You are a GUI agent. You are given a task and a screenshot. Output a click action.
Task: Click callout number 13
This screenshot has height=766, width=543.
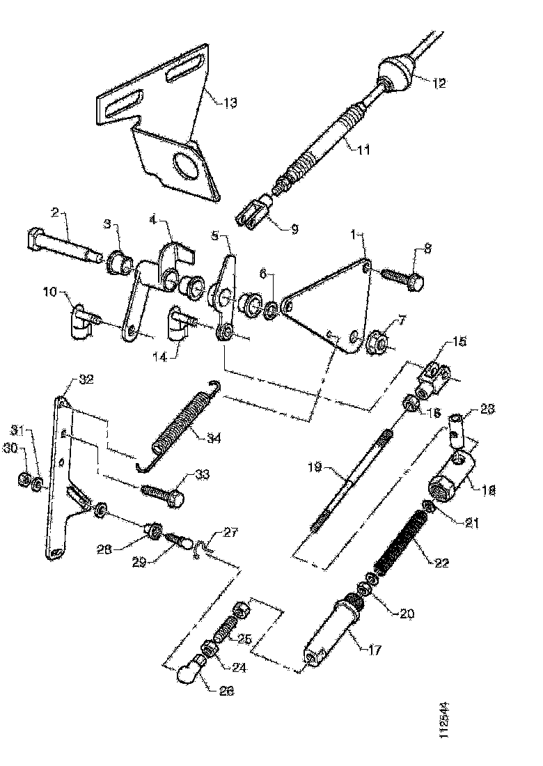229,103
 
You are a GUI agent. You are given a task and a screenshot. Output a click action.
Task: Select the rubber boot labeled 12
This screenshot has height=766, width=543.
395,73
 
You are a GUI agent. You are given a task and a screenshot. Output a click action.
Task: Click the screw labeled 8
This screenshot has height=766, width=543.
403,278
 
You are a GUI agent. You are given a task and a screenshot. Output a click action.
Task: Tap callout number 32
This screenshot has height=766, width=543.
86,380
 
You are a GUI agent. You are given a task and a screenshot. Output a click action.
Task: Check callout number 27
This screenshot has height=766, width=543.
229,533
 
